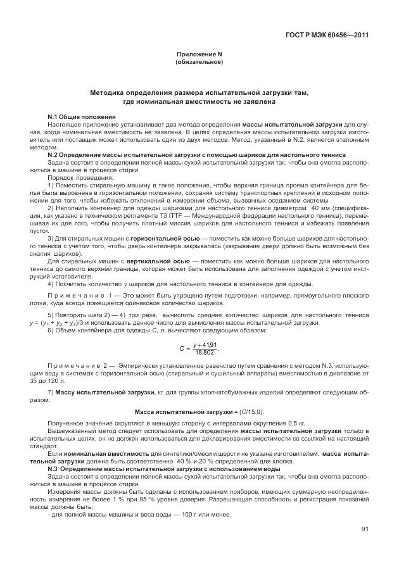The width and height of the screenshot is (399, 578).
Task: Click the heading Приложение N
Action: point(198,55)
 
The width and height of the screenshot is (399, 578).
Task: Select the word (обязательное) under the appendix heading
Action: point(198,63)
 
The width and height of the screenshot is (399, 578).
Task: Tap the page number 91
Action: point(365,530)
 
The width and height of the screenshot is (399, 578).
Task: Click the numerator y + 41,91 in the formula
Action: point(205,344)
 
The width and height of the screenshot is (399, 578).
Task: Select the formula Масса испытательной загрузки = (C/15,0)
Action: point(198,412)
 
